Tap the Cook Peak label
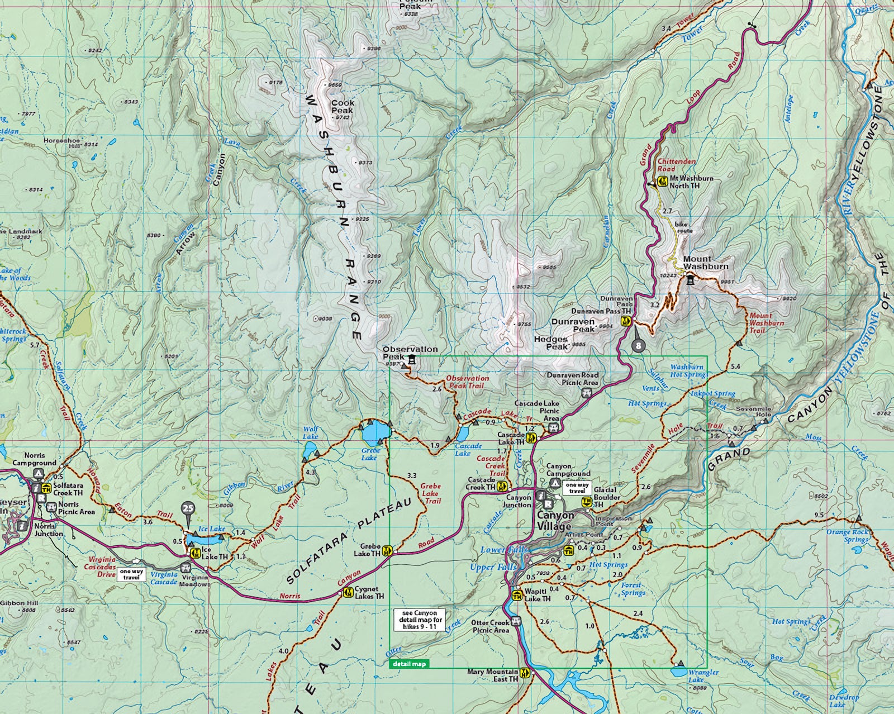tap(343, 107)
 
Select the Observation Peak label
tap(410, 353)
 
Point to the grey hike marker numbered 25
tap(188, 509)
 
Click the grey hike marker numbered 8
tap(639, 346)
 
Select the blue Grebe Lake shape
tap(372, 432)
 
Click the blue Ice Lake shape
tap(204, 539)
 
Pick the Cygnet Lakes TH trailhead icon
tap(348, 592)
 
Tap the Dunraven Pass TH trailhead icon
tap(626, 321)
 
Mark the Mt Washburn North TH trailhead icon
tap(663, 181)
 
